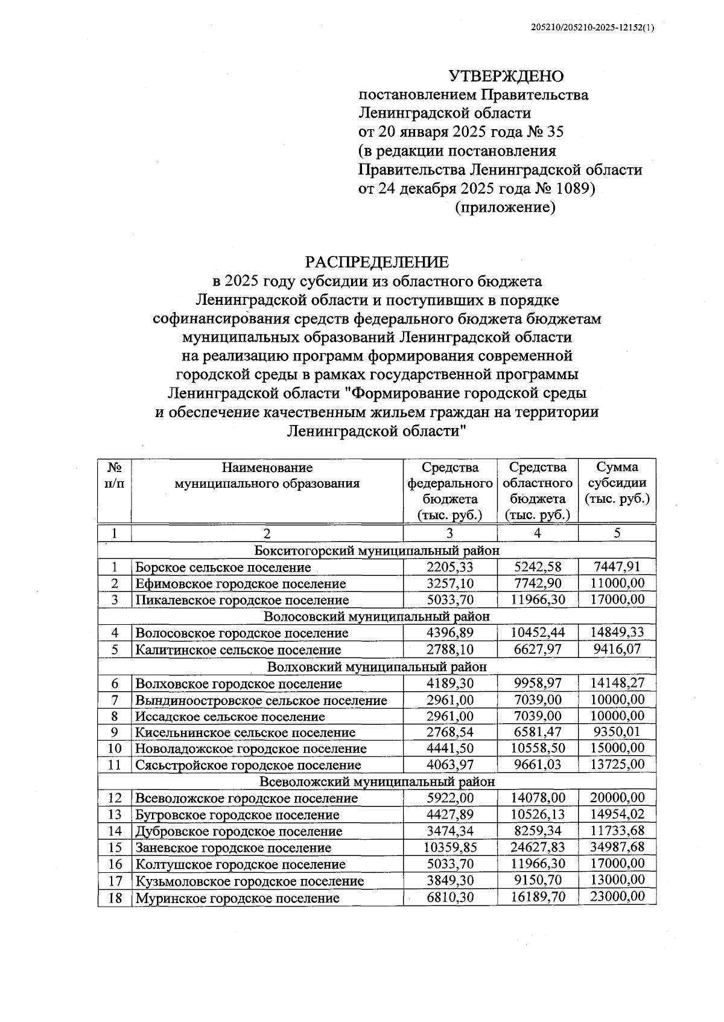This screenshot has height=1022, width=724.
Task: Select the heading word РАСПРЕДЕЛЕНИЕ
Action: pos(376,262)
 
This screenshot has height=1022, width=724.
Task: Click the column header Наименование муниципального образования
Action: pos(267,475)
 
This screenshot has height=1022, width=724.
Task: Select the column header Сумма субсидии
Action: pos(617,483)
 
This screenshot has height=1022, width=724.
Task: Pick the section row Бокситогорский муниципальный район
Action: pos(376,551)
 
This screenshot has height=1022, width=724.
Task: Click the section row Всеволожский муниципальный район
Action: pos(376,781)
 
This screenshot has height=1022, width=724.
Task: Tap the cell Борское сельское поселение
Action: pos(223,567)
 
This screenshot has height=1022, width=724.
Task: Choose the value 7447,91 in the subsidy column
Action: pos(617,567)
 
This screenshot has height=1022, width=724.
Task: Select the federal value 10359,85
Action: pos(449,848)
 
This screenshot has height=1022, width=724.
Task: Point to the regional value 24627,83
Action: pos(538,848)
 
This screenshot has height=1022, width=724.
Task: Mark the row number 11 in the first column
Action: pos(115,765)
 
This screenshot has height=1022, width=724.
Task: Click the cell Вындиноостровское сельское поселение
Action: pos(261,700)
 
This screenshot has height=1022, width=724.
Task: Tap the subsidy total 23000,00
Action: pos(617,897)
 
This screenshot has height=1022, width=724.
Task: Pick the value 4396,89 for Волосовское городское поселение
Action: pos(449,633)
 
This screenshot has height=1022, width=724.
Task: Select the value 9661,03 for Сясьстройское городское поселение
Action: pos(538,765)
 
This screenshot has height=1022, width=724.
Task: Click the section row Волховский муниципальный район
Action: pos(376,666)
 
